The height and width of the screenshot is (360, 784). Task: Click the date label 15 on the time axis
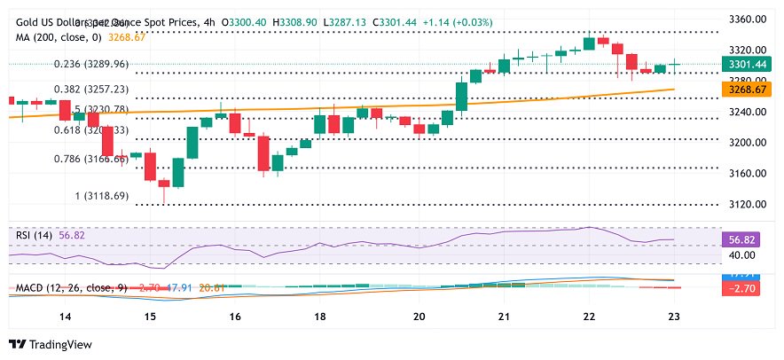(150, 317)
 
